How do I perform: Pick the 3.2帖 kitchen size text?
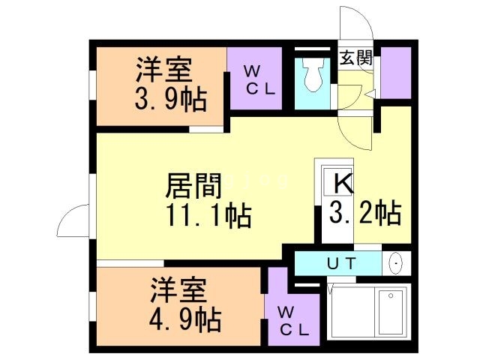(x=365, y=213)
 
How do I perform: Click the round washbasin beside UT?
(x=396, y=264)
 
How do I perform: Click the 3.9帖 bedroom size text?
(x=169, y=98)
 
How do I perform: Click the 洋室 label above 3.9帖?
(x=163, y=70)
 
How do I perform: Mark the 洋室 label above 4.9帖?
(x=178, y=290)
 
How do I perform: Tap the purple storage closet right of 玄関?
(x=396, y=73)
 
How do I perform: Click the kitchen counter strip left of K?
(x=320, y=202)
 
